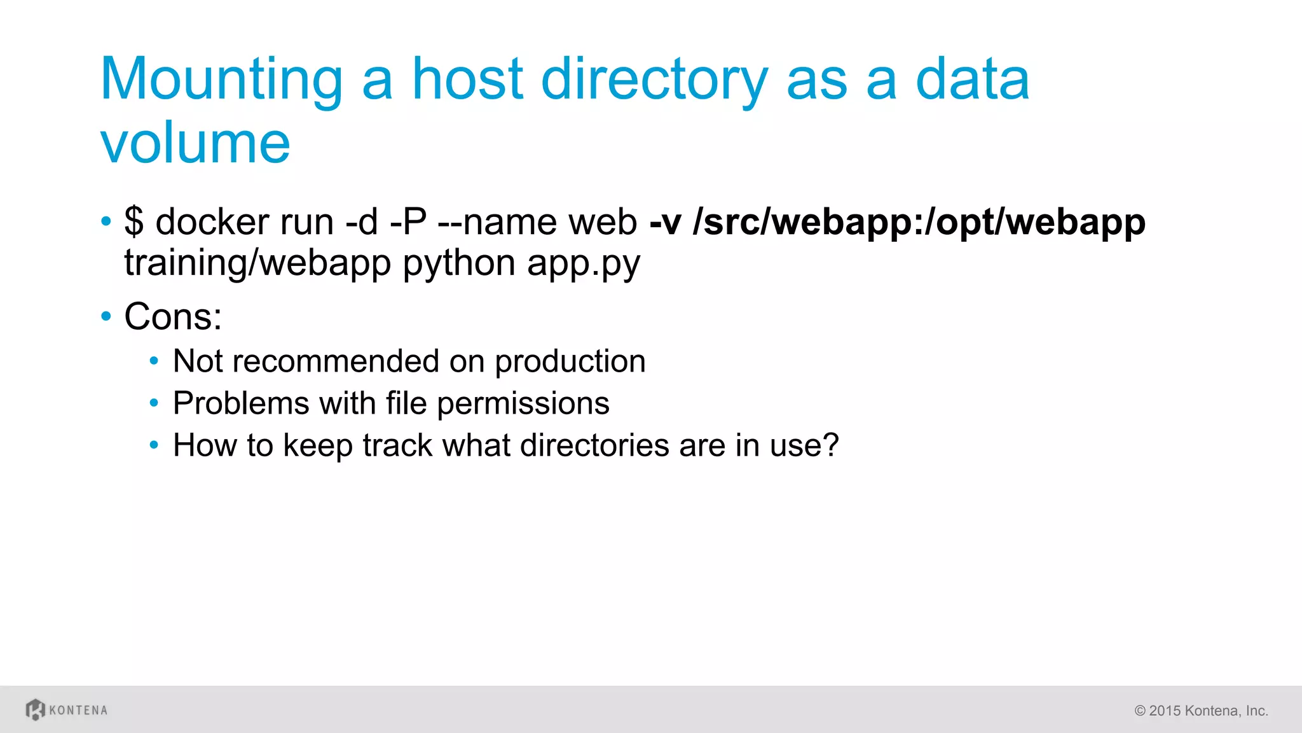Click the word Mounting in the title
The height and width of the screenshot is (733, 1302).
222,81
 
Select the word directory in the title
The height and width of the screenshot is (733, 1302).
654,81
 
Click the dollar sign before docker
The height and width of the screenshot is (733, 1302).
134,222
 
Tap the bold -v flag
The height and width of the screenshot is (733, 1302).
665,222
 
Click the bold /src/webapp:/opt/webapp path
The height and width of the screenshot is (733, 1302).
919,222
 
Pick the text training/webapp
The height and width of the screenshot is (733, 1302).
257,263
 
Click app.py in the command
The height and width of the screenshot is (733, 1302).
583,263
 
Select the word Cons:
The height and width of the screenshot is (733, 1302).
173,316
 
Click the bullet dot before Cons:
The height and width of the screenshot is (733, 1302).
106,316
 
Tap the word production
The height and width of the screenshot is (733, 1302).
570,361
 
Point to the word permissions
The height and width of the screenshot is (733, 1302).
523,403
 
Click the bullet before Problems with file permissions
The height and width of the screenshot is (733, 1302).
154,403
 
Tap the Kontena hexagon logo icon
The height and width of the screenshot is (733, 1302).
36,709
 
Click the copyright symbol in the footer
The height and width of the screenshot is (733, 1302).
1140,711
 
